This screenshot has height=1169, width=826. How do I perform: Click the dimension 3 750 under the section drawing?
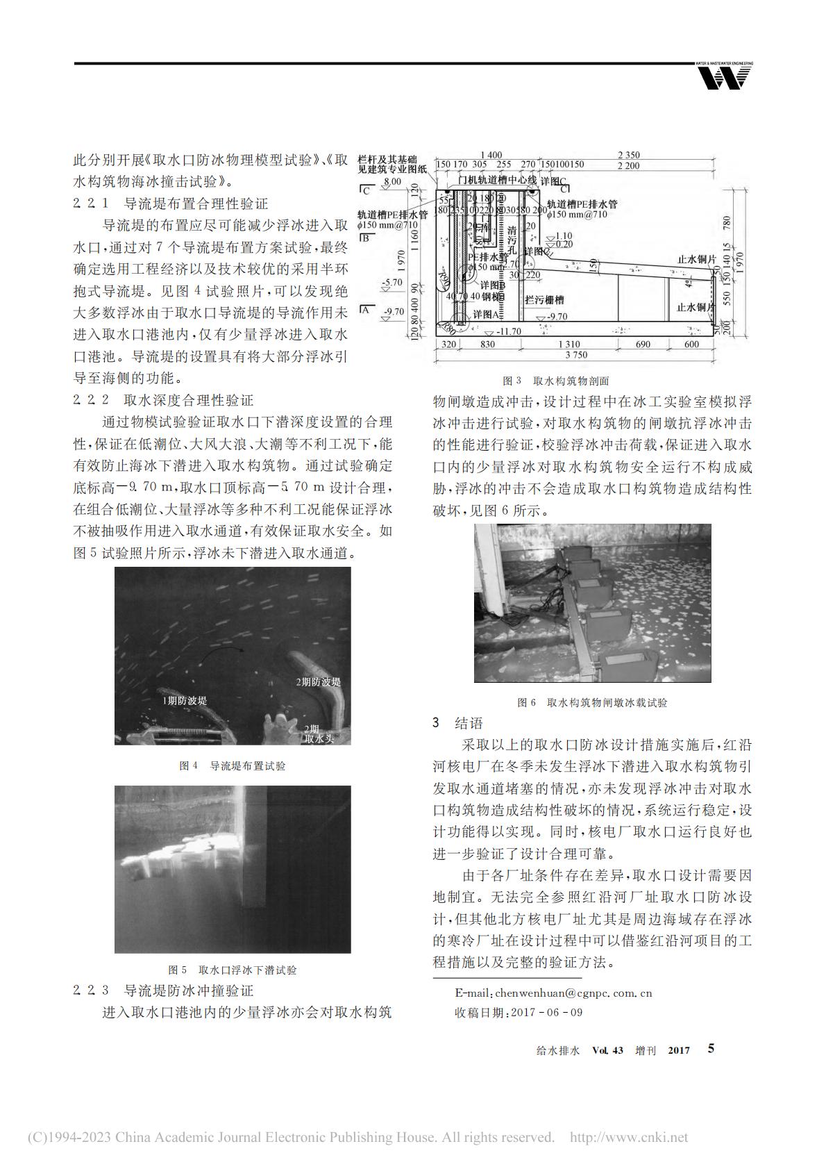pos(575,355)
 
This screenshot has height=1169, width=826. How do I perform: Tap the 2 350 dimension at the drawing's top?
pos(628,156)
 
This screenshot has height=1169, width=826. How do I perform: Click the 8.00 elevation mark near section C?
pos(392,181)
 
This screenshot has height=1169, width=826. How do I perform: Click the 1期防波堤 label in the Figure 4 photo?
pos(185,701)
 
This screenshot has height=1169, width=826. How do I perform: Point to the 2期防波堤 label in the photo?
pos(319,681)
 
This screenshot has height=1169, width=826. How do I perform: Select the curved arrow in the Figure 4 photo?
pos(222,652)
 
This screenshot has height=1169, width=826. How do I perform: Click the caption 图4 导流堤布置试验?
pos(233,765)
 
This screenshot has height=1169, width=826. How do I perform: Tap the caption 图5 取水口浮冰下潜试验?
pos(233,970)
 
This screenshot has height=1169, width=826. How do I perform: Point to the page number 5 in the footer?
pos(711,1049)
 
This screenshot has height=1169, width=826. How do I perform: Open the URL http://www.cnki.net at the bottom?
pos(628,1138)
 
